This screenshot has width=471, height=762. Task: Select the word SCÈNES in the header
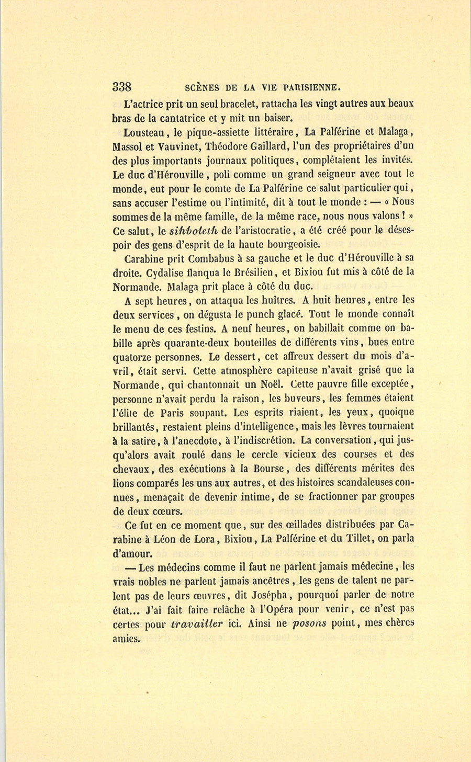pyautogui.click(x=204, y=87)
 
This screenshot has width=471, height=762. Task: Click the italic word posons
pyautogui.click(x=309, y=623)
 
